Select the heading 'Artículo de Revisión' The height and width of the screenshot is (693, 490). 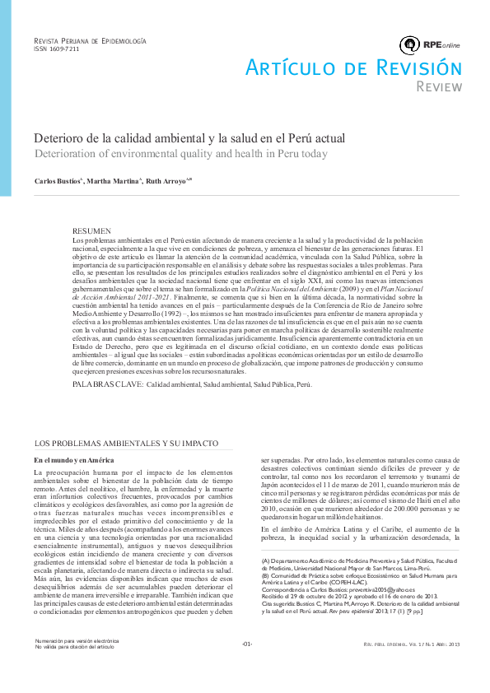coord(352,68)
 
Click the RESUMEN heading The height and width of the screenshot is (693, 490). coord(91,230)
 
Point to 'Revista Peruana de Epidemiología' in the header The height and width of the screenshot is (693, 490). coord(89,40)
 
